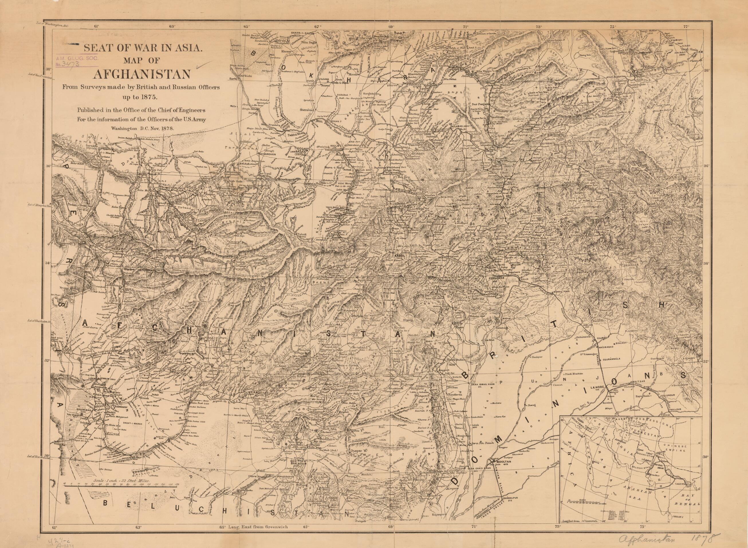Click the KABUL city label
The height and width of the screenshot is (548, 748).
pos(398,256)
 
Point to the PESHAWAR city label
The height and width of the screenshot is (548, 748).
pos(496,279)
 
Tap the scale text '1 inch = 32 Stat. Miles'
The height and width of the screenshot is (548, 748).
pos(122,480)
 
